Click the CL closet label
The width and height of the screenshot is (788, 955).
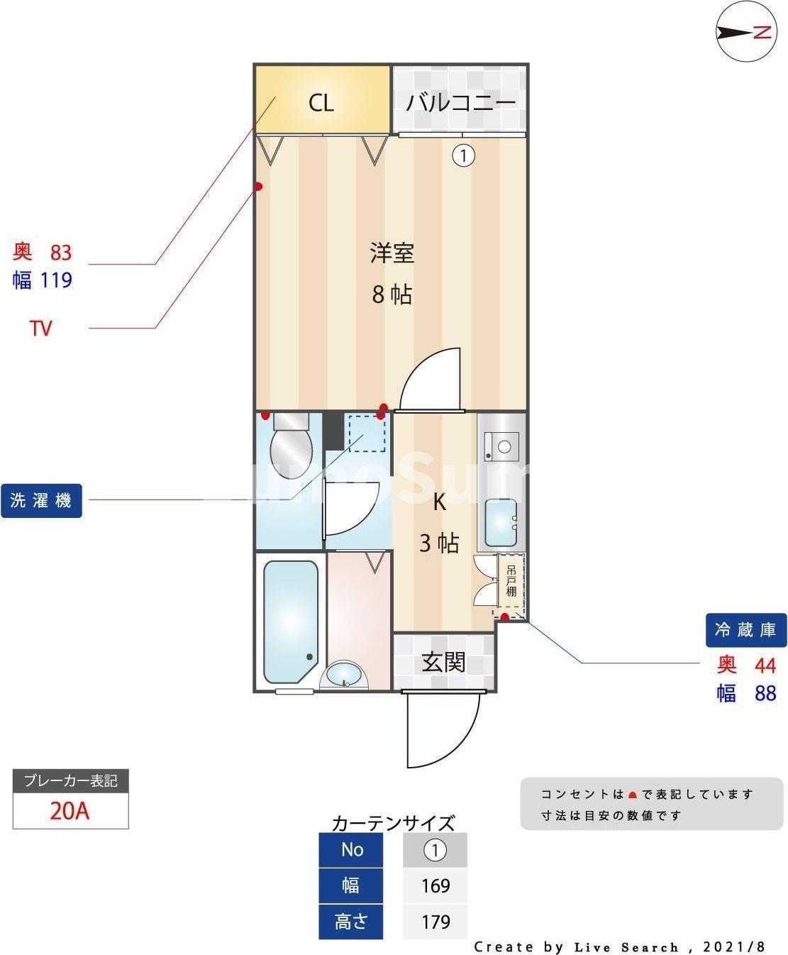pyautogui.click(x=321, y=103)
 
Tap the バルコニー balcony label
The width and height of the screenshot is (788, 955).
pyautogui.click(x=460, y=103)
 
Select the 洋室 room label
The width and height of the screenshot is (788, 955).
pyautogui.click(x=392, y=253)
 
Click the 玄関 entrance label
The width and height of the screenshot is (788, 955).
pyautogui.click(x=443, y=662)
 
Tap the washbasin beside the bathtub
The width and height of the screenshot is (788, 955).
pyautogui.click(x=345, y=674)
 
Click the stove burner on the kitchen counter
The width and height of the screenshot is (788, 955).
pyautogui.click(x=504, y=447)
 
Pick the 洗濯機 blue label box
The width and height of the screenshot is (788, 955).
pyautogui.click(x=41, y=501)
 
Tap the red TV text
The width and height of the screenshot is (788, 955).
pyautogui.click(x=41, y=329)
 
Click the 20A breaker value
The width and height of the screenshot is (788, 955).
pyautogui.click(x=70, y=810)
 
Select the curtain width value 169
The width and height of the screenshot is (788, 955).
pyautogui.click(x=435, y=885)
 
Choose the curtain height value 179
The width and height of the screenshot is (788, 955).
pyautogui.click(x=435, y=922)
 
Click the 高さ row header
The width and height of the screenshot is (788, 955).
pyautogui.click(x=351, y=922)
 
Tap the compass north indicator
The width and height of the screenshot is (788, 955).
pyautogui.click(x=746, y=32)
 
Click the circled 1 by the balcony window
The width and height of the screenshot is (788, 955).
pyautogui.click(x=463, y=155)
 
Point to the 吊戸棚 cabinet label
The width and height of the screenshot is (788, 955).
pyautogui.click(x=511, y=580)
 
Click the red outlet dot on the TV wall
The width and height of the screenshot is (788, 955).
pyautogui.click(x=259, y=187)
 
